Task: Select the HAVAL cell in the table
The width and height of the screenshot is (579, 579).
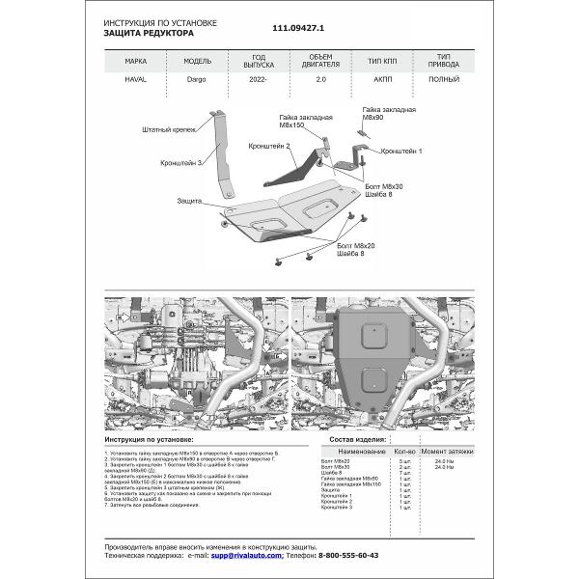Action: pos(137,82)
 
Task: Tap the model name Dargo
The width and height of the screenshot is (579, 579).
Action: pos(196,82)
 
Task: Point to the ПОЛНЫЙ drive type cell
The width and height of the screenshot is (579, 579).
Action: pos(444,82)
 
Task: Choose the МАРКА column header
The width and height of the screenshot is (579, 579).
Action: pos(137,60)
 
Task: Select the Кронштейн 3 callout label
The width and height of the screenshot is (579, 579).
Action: pos(181,164)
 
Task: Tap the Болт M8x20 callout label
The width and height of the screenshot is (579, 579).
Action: pos(357,249)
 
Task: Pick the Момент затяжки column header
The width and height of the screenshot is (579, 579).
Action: pos(447,451)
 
